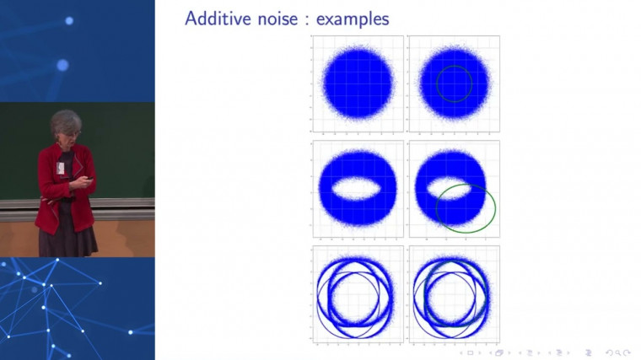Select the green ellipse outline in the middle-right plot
(493, 208)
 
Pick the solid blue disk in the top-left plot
(358, 84)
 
